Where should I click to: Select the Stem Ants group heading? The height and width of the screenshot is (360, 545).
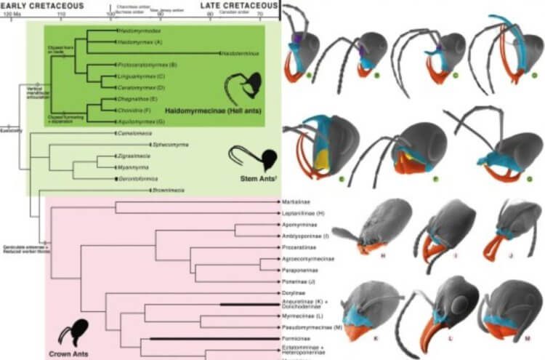pyautogui.click(x=246, y=175)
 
